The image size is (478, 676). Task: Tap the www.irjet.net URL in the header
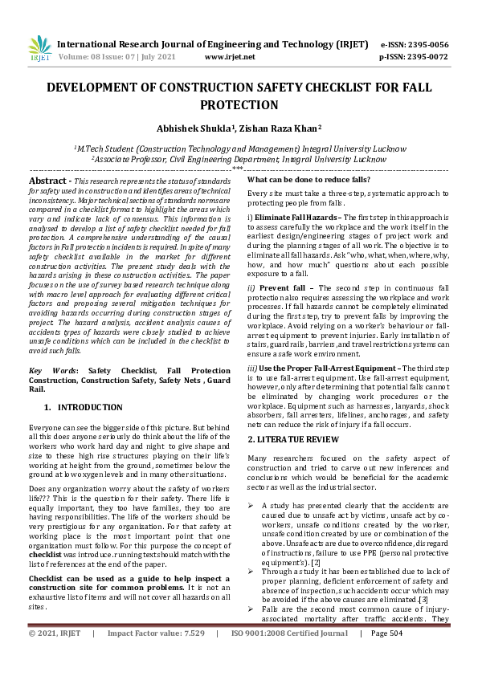[x=230, y=57]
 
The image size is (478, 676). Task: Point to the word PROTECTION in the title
[x=239, y=105]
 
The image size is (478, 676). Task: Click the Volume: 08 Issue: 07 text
[x=109, y=57]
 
